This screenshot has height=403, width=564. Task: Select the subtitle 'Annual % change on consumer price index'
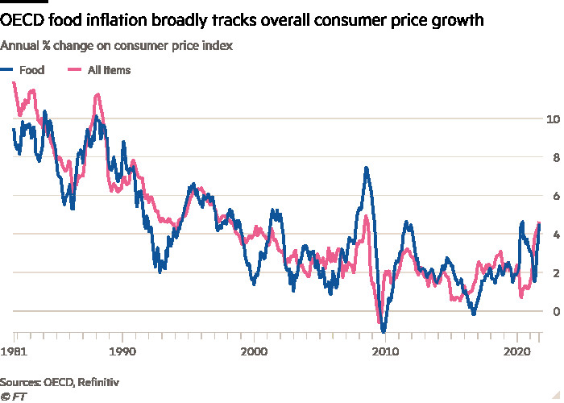118,46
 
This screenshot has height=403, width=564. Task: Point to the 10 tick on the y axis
552,119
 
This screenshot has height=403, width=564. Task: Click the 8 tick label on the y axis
551,158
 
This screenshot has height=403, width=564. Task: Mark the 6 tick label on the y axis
551,196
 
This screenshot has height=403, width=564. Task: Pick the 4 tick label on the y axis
551,235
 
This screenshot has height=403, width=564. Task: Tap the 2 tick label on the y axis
551,273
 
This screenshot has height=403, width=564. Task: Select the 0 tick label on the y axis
551,311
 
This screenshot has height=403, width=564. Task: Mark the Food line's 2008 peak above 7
367,168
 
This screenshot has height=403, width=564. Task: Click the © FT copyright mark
10,395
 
